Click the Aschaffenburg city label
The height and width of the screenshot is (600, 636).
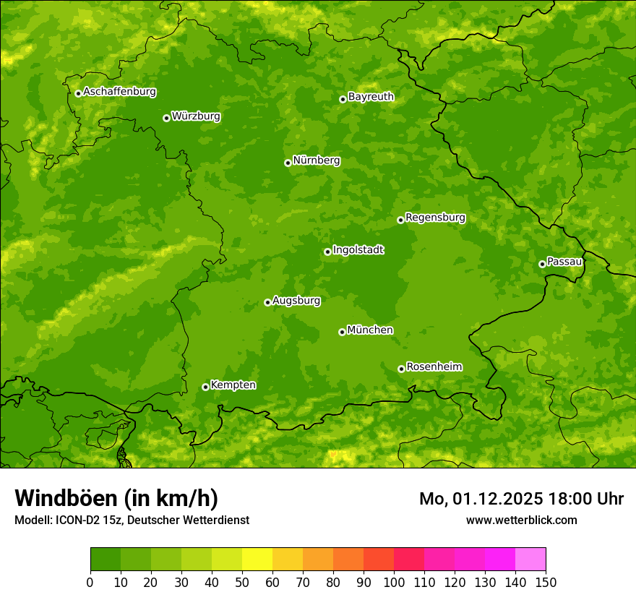point(119,92)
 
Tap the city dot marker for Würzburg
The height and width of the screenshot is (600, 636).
point(166,118)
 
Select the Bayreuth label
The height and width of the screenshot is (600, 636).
point(371,96)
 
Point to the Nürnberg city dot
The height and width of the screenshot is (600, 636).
point(288,163)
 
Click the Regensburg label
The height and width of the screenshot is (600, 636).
point(435,217)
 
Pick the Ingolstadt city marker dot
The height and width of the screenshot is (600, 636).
point(327,252)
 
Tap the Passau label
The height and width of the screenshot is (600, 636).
point(564,261)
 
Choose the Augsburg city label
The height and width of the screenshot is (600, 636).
point(296,300)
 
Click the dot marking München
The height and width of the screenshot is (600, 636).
point(342,332)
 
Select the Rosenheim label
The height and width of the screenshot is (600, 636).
point(434,367)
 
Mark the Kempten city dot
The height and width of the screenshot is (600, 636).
point(205,387)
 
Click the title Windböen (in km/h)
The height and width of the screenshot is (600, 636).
point(116,498)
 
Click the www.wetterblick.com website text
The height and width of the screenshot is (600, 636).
point(521,520)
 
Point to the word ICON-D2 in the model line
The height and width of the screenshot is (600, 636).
point(79,520)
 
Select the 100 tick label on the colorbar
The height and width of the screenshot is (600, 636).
point(394,582)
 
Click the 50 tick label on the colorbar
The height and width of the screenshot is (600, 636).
point(242,582)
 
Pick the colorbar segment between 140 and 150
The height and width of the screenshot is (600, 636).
point(530,560)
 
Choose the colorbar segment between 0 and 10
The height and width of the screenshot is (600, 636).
point(106,560)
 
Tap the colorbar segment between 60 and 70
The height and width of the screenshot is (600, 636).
point(288,560)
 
